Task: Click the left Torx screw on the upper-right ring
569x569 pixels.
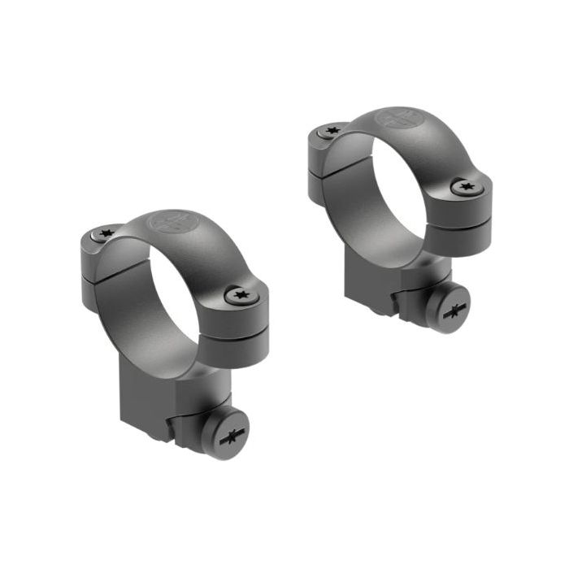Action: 332,131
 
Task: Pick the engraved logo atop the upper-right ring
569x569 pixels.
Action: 398,119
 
